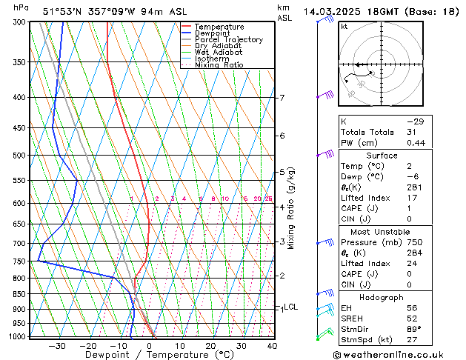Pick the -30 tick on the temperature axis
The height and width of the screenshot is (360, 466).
(x=57, y=346)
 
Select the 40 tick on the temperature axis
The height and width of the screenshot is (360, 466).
(x=272, y=346)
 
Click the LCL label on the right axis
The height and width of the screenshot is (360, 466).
(x=291, y=307)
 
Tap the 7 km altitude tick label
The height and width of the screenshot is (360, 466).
(x=282, y=98)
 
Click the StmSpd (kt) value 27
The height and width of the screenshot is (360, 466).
(x=413, y=340)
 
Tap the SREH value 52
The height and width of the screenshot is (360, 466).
(x=413, y=319)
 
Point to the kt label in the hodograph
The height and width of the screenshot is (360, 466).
(x=344, y=26)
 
